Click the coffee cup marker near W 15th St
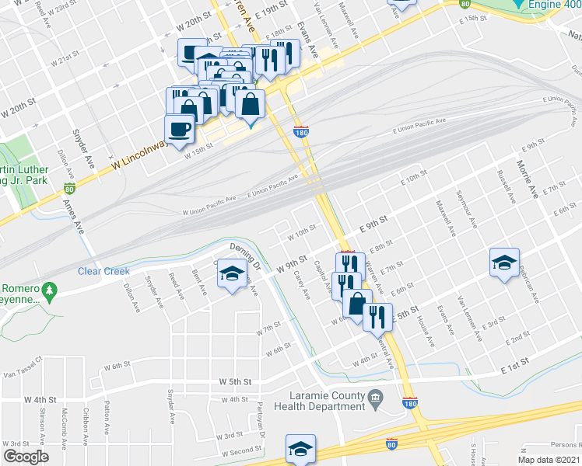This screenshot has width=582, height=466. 179,129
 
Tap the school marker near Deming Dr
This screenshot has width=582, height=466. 232,274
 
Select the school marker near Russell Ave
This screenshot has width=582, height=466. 504,263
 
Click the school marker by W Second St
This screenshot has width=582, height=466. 300,448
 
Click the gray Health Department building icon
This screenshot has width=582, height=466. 375,399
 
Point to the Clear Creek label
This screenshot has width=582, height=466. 103,271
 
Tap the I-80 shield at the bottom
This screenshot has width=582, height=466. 392,443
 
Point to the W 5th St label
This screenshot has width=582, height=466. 235,382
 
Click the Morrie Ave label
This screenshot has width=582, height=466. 527,179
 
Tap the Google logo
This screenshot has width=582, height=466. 26,457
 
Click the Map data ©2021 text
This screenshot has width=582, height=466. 549,460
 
